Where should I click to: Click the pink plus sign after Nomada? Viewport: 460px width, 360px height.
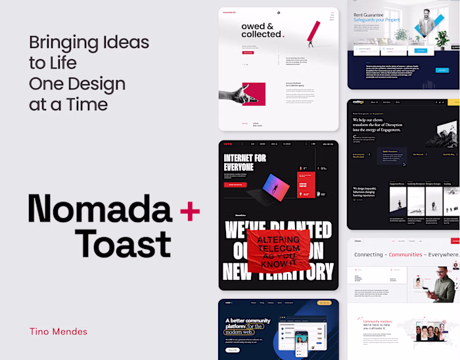click(x=189, y=210)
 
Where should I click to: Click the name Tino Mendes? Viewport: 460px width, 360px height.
click(x=58, y=331)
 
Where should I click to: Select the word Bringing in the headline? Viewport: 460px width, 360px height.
click(x=62, y=43)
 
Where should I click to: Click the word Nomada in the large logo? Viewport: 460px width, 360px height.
click(x=99, y=210)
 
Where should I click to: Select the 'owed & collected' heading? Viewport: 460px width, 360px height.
click(x=262, y=30)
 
